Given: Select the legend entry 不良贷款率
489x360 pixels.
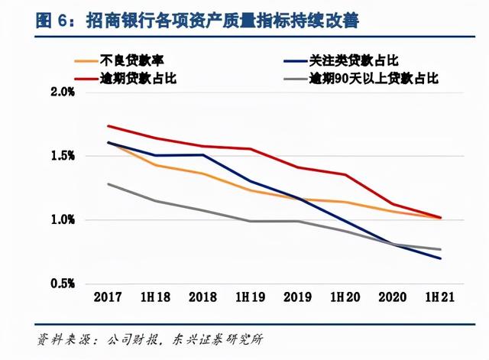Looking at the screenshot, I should tap(131, 60).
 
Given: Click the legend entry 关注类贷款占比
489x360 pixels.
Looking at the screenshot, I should tap(356, 60).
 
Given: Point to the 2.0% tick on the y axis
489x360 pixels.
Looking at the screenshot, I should tap(61, 92).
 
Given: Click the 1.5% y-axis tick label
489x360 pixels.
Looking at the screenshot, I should tap(61, 156).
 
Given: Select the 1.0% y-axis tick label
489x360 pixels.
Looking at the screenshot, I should tap(61, 220).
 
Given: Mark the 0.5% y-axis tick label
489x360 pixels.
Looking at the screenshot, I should tap(61, 284).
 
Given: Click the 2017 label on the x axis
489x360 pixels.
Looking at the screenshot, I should tap(108, 297).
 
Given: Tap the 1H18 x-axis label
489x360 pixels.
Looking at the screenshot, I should tap(155, 297).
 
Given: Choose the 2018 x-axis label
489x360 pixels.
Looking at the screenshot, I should tap(202, 297).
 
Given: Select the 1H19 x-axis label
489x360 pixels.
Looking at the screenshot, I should tap(251, 297).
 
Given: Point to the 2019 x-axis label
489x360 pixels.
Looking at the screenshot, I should tap(298, 297).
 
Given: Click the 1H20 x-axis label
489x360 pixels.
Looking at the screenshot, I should tap(345, 297).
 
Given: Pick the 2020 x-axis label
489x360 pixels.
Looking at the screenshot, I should tap(393, 297).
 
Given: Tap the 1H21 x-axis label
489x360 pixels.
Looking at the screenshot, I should tap(441, 297).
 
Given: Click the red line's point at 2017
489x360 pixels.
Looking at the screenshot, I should tap(108, 126).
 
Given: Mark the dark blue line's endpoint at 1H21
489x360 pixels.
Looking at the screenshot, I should tap(441, 258).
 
